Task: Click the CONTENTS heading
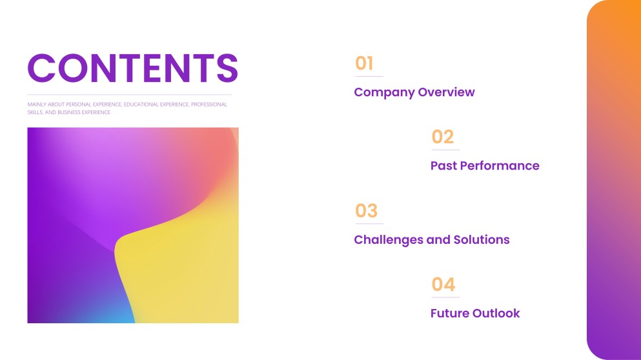pos(133,68)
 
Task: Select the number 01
pos(364,63)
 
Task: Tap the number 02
pos(443,137)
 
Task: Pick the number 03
pos(366,211)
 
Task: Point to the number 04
pos(443,285)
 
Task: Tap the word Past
pos(443,166)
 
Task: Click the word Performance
pos(500,166)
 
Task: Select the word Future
pos(450,314)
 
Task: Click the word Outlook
pos(496,314)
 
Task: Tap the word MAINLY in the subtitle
pos(37,105)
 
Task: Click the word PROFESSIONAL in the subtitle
pos(209,105)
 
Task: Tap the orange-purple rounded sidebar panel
pos(614,180)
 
